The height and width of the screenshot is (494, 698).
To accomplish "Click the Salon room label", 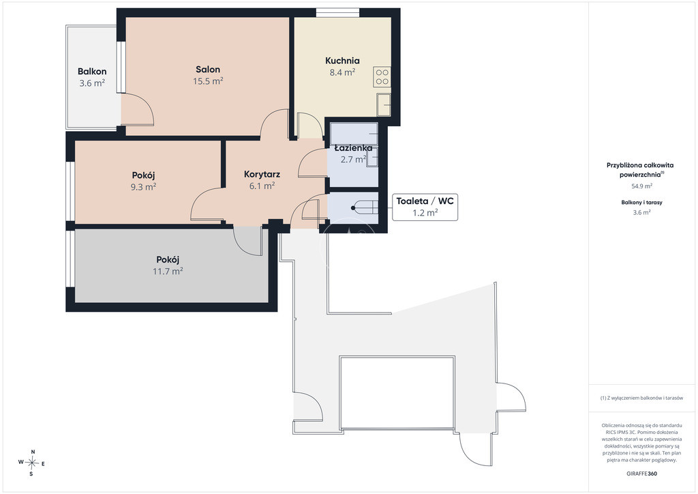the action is pos(208,70).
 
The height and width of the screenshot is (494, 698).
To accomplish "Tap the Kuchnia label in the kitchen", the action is pos(342,61).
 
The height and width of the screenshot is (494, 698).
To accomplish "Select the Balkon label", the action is pos(92,71).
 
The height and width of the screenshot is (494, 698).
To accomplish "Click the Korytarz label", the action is pos(262,174).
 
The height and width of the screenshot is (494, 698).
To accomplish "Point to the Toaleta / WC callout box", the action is pos(425,207).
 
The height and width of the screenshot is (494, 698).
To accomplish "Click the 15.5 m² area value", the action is pos(208,81).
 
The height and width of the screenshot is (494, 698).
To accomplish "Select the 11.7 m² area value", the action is pos(168,271).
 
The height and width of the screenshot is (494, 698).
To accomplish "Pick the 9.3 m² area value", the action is pos(143,187).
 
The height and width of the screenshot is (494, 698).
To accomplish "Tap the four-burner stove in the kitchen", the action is pos(382,76).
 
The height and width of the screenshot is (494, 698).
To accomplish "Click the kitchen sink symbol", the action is pos(383,104).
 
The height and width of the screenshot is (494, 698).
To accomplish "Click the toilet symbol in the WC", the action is pos(365,207).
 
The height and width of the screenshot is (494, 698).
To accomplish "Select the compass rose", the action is pos(32,463).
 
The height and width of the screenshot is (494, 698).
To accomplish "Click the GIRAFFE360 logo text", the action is pos(641,474).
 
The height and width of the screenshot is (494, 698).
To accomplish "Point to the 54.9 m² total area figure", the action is pos(642,186).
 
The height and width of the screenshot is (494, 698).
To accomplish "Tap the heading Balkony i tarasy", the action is pos(642,202).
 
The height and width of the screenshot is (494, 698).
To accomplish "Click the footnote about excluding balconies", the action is pos(641,398).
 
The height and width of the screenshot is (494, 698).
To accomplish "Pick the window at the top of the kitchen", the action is pos(337,13).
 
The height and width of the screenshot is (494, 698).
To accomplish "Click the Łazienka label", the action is pos(354,148).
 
